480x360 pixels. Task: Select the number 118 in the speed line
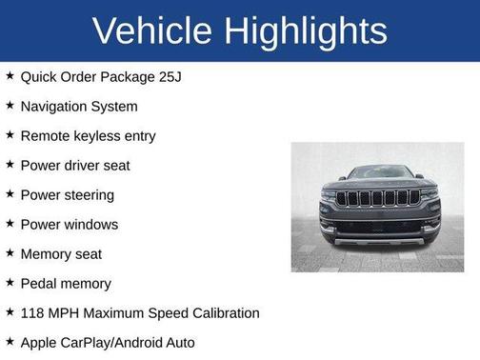[33, 312]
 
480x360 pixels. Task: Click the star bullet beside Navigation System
[9, 105]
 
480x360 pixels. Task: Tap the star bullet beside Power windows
[9, 223]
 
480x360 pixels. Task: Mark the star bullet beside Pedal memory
[9, 282]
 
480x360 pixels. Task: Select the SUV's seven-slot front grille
[377, 198]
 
